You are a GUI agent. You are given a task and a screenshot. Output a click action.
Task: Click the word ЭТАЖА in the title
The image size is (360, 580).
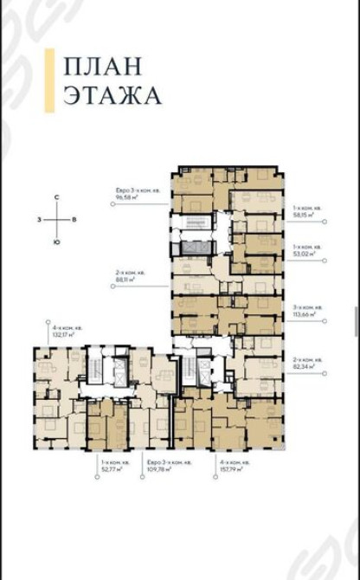click(x=112, y=95)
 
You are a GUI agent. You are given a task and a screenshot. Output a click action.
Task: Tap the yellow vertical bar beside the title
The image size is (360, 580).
click(x=56, y=81)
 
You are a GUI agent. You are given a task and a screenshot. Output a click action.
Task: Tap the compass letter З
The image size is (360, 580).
click(x=39, y=221)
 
